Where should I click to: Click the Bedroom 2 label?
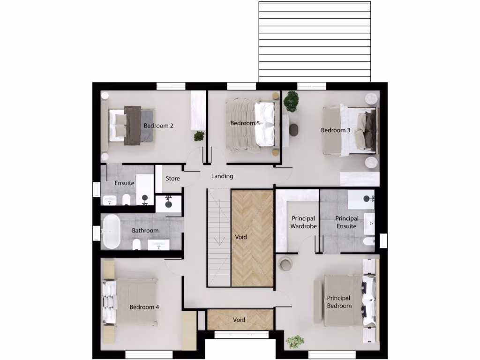158,126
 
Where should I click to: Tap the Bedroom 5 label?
245,123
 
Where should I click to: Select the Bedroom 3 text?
335,130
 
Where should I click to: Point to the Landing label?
222,176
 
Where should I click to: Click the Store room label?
172,179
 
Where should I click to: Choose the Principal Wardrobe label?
303,222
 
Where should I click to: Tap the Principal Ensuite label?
347,222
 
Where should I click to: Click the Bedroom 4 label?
144,307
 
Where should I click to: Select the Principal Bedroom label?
339,302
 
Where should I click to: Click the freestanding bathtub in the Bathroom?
111,232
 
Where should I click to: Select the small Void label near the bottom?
239,320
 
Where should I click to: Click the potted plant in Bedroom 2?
199,136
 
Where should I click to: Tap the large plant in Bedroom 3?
291,100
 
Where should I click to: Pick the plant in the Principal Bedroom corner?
295,341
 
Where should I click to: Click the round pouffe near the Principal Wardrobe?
285,264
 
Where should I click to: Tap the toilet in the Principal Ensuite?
368,241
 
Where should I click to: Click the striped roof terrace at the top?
315,41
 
